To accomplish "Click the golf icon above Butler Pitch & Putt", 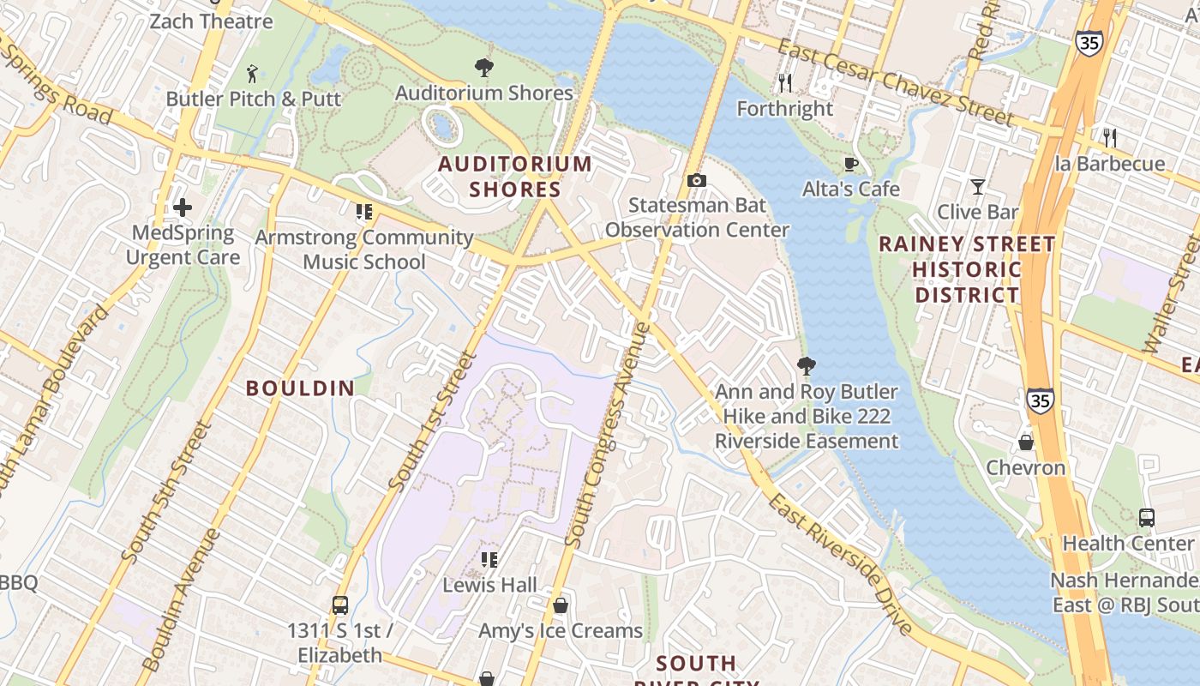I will (252, 73).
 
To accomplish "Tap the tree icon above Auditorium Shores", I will (484, 67).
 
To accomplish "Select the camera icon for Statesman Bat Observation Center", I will (697, 180).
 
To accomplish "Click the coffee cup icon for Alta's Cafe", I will (851, 165).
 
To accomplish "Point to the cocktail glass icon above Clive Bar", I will (977, 186).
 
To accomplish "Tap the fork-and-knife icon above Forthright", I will (784, 83).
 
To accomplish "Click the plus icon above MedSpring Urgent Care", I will (182, 208).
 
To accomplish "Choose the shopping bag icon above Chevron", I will (1025, 442).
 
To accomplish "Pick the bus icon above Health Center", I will (1147, 518).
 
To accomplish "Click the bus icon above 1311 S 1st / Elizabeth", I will (340, 605).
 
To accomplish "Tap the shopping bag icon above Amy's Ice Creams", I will (561, 605).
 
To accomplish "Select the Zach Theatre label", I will (211, 21).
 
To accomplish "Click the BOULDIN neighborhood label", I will (300, 388).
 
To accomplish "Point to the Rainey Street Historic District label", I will (967, 270).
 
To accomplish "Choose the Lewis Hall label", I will (490, 586).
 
